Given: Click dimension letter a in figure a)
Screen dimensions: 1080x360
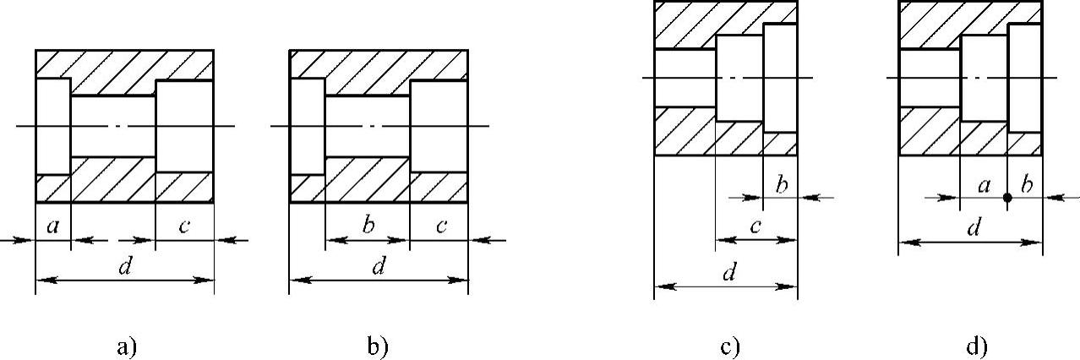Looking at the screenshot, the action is point(52,226).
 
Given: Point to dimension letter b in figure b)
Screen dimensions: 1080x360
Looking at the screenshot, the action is point(367,226).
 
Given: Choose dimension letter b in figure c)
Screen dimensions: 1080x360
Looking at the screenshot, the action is point(781,185).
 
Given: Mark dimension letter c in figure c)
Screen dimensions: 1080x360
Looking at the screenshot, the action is point(756,226).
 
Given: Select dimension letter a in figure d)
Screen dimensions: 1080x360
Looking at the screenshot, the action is point(984,185).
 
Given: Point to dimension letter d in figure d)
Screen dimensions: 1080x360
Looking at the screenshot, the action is point(974,229).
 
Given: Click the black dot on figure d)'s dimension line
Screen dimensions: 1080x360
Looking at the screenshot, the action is point(1007,199).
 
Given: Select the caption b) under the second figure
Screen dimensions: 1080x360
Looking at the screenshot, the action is point(378,346).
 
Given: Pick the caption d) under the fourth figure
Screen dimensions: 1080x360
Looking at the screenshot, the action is point(977,346).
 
